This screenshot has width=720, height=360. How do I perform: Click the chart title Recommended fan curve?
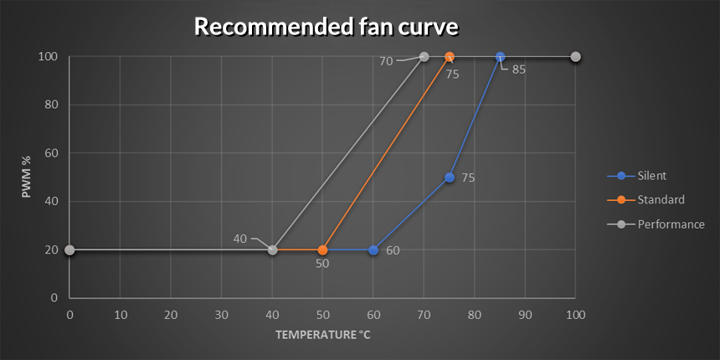(x=326, y=26)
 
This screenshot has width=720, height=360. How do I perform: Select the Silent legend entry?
(x=652, y=176)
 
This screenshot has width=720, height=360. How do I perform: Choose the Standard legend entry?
(x=661, y=200)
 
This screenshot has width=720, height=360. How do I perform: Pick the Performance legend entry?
(x=671, y=224)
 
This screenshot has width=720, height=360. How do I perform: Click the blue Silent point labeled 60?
(x=373, y=249)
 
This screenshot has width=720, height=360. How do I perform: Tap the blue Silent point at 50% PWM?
(x=450, y=177)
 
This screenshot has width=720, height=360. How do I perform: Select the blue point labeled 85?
(x=500, y=57)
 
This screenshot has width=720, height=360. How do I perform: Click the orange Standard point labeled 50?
(x=322, y=249)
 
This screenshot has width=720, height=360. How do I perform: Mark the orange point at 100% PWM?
(x=450, y=57)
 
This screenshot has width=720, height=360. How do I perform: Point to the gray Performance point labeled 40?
(x=272, y=249)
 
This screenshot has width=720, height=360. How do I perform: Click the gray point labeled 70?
(x=424, y=57)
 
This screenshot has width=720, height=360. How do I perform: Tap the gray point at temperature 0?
(x=69, y=249)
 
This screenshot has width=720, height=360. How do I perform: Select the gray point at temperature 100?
(x=576, y=57)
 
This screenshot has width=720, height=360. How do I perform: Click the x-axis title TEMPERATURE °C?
(x=322, y=334)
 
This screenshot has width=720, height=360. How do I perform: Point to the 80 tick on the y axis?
(x=52, y=105)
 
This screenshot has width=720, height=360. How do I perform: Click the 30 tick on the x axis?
(x=221, y=315)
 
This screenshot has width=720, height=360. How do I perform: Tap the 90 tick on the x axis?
(x=525, y=315)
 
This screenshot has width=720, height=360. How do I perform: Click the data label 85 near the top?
(x=518, y=69)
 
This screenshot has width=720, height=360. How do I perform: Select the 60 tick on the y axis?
(x=52, y=153)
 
